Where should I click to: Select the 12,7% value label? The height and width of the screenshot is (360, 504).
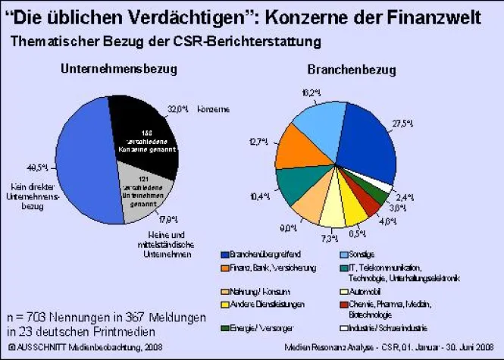click(260, 142)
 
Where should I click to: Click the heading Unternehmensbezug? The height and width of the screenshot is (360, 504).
click(118, 70)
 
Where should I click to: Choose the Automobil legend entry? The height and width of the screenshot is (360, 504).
click(366, 293)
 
